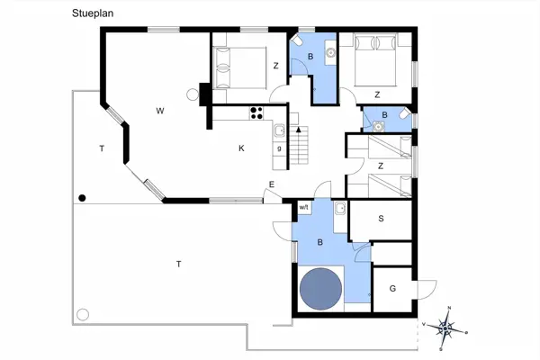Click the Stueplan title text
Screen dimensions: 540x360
(x=93, y=13)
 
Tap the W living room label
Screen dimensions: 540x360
(x=160, y=111)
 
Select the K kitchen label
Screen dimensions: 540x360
(x=241, y=148)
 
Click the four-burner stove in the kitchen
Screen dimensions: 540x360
(x=256, y=113)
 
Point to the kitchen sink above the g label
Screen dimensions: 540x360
(x=279, y=130)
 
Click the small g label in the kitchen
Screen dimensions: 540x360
(x=279, y=148)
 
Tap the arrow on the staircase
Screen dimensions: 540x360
(x=298, y=130)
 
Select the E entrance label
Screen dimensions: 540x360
(x=272, y=184)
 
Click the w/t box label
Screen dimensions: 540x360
(x=305, y=207)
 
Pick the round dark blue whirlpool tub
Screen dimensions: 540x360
(x=320, y=289)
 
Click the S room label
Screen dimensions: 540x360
(x=381, y=219)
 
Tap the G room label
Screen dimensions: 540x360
(x=392, y=288)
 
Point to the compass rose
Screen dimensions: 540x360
(x=445, y=328)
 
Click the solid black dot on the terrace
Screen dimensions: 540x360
(x=82, y=198)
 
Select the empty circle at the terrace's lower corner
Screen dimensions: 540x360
(x=83, y=314)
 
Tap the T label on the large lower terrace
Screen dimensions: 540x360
(x=179, y=265)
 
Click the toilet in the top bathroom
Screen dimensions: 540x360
(x=296, y=40)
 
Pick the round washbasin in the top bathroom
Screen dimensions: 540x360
(x=330, y=52)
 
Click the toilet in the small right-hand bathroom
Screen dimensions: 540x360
(x=405, y=113)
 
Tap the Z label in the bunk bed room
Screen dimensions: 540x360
(x=381, y=166)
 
